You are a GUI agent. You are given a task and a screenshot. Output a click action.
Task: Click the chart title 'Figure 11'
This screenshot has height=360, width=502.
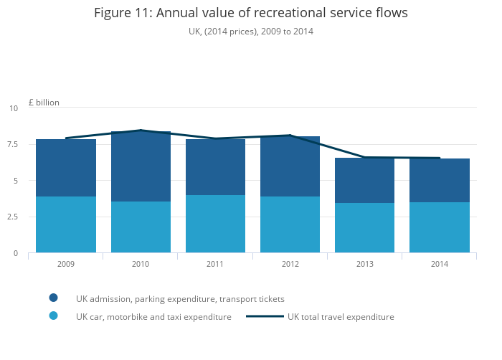[x=250, y=13]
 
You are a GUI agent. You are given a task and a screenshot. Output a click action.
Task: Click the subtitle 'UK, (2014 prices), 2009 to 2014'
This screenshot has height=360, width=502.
[x=250, y=32]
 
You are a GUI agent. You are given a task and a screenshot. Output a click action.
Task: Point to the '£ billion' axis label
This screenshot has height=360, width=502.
[x=44, y=103]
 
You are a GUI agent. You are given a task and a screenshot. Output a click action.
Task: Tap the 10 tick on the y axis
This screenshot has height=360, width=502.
[x=14, y=108]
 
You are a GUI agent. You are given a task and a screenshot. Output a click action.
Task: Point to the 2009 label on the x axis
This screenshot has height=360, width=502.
[x=66, y=264]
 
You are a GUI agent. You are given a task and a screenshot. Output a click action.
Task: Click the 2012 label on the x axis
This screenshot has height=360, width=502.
[x=290, y=264]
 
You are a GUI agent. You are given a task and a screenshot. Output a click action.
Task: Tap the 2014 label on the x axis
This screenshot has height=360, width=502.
[x=439, y=264]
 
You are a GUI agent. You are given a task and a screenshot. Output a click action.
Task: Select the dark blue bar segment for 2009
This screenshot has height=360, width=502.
[x=66, y=168]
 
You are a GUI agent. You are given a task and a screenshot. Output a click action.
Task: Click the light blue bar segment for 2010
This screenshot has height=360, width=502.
[x=141, y=227]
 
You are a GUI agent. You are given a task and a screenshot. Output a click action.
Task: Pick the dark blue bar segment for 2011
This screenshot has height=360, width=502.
[x=215, y=167]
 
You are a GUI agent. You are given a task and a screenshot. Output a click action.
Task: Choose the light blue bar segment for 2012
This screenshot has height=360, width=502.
[x=290, y=224]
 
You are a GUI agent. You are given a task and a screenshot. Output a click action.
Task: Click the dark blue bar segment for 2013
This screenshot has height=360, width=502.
[x=364, y=180]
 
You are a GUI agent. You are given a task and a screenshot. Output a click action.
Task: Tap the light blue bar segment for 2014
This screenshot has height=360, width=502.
[x=439, y=227]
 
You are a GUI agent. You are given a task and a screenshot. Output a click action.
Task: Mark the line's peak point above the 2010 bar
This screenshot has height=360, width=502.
[x=141, y=131]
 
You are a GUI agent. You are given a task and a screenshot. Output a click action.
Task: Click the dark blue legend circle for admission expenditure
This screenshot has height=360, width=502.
[x=54, y=298]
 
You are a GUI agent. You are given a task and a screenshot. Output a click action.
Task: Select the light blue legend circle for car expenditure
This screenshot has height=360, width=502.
[x=54, y=316]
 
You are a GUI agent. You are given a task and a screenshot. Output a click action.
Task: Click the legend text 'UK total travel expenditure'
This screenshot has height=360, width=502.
[x=341, y=316]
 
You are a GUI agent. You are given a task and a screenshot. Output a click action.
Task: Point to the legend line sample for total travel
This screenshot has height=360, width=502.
[x=265, y=316]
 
